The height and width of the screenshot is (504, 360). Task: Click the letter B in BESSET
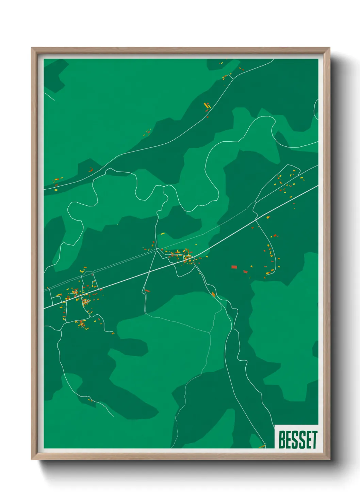point(282,440)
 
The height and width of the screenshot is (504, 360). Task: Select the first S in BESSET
point(295,440)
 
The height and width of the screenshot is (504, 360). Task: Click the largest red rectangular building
point(234,267)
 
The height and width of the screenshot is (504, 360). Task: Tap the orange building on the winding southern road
point(213,294)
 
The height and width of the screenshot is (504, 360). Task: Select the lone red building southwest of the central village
point(147,291)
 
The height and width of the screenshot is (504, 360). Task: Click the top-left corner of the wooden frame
point(32,48)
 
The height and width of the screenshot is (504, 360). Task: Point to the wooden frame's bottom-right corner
point(329,459)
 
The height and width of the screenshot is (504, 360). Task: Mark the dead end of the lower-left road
point(113,416)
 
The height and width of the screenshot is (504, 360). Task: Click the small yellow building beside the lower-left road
point(90,400)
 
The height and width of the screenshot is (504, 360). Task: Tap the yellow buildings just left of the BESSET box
point(262,446)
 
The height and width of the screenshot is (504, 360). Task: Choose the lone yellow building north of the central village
point(162,234)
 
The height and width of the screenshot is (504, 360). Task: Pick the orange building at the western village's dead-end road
point(113,333)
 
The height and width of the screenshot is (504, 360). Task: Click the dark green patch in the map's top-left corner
point(54,75)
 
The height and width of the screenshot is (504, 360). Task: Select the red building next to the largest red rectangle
point(245,272)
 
